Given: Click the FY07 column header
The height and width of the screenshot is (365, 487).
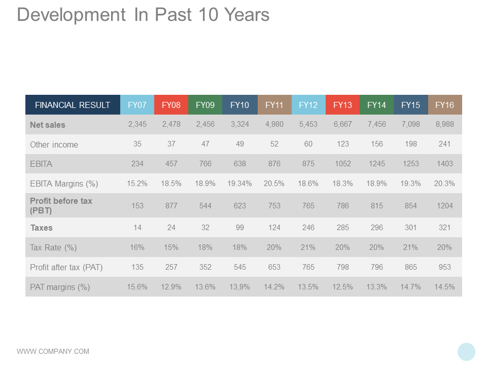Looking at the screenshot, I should click(x=137, y=105).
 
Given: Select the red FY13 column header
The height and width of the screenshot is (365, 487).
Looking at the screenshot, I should click(x=342, y=105).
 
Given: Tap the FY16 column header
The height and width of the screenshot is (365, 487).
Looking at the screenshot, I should click(x=444, y=105).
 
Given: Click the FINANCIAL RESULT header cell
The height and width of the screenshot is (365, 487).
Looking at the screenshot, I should click(x=73, y=105).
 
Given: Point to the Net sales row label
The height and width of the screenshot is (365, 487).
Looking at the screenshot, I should click(x=48, y=125).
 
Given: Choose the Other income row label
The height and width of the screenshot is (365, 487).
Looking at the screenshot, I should click(x=54, y=144).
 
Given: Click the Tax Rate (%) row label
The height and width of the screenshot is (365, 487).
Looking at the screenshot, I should click(x=53, y=247).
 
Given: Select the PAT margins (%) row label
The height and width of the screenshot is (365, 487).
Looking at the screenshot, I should click(x=60, y=287).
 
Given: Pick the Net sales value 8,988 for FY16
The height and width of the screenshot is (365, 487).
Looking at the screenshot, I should click(x=444, y=124).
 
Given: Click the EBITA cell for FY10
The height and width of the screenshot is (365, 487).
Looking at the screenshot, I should click(x=239, y=164).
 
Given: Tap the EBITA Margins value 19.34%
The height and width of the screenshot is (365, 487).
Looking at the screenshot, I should click(x=239, y=184).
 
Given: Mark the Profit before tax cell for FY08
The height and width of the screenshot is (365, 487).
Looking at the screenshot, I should click(x=171, y=206).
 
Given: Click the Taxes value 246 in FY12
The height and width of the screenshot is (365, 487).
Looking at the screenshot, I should click(x=308, y=228).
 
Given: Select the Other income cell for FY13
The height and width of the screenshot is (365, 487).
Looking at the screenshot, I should click(x=343, y=144).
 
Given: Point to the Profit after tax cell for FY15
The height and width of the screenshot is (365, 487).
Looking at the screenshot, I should click(x=410, y=267).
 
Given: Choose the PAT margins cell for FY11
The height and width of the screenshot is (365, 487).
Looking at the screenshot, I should click(x=274, y=287).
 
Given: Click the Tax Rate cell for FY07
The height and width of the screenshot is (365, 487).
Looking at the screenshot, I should click(x=137, y=247).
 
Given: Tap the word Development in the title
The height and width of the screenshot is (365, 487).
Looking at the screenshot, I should click(x=71, y=15).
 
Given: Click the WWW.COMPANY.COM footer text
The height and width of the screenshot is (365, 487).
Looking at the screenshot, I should click(x=53, y=351).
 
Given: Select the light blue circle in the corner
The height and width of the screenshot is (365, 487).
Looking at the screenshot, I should click(x=466, y=352).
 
